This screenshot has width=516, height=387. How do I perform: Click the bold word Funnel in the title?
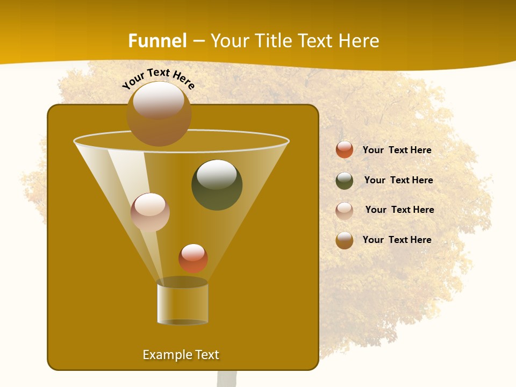(157, 41)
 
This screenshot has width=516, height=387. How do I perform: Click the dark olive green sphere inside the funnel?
(217, 185)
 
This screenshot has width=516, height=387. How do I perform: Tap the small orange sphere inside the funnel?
(193, 259)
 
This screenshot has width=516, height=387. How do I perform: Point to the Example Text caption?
(181, 355)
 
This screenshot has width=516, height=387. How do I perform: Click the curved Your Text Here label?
(158, 78)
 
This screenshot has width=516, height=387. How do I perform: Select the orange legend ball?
(345, 150)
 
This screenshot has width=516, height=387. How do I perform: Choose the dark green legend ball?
(345, 181)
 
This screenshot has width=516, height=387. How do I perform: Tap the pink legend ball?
(345, 210)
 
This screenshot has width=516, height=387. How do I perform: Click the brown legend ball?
(345, 240)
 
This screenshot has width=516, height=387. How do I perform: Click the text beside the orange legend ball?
(397, 150)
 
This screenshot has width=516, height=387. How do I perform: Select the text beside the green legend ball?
(398, 181)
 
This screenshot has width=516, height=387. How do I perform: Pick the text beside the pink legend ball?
(399, 210)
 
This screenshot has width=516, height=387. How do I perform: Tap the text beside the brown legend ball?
(397, 240)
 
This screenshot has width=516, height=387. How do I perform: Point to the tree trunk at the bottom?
(227, 378)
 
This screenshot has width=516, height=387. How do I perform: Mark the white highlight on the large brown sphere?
(159, 100)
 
